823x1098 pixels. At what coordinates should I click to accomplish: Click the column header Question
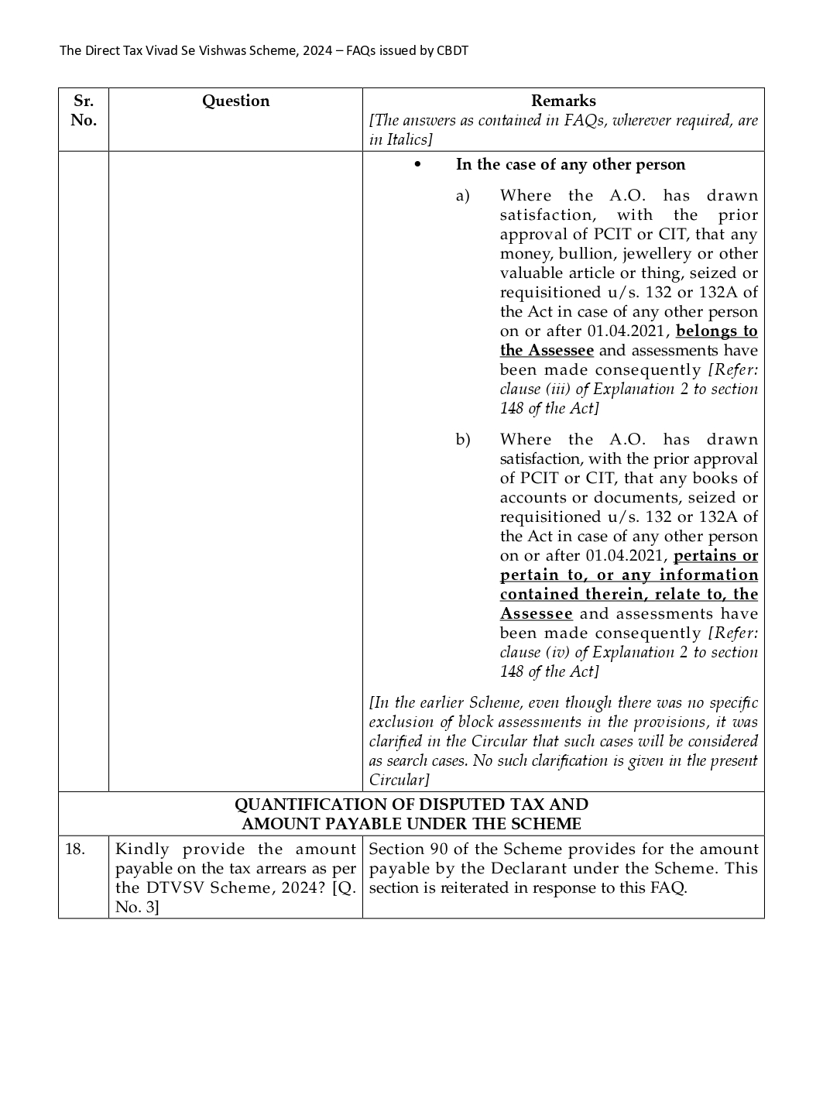pyautogui.click(x=235, y=101)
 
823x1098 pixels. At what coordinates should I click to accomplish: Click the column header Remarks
pyautogui.click(x=563, y=101)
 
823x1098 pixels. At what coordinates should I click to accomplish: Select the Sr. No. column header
pyautogui.click(x=84, y=110)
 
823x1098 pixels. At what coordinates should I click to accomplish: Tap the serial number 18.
pyautogui.click(x=74, y=849)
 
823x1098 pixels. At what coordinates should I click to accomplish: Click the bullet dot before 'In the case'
pyautogui.click(x=417, y=165)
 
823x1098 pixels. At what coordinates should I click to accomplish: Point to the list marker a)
pyautogui.click(x=462, y=196)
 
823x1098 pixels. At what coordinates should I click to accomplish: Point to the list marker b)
pyautogui.click(x=462, y=440)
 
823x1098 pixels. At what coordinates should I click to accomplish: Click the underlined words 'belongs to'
pyautogui.click(x=716, y=331)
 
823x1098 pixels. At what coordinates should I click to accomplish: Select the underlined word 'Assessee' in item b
pyautogui.click(x=536, y=614)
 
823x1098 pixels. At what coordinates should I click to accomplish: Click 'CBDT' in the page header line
pyautogui.click(x=452, y=51)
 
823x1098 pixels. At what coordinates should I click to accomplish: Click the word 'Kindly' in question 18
pyautogui.click(x=142, y=849)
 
